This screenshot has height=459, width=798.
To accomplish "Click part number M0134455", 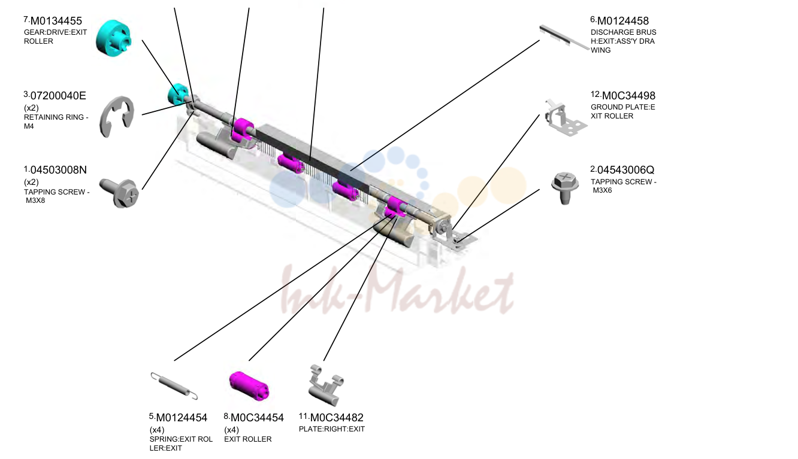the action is (x=56, y=21).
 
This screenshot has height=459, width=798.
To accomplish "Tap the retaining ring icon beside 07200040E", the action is (x=117, y=116).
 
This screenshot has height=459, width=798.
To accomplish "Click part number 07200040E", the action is (x=58, y=96).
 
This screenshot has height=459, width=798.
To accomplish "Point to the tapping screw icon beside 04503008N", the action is (x=119, y=193).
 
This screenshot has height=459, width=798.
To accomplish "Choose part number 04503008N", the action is (x=59, y=170).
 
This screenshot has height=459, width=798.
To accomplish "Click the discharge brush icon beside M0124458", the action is (x=564, y=38).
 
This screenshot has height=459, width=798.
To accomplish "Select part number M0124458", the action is (x=622, y=21).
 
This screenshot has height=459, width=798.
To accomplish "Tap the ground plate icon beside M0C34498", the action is (x=566, y=118).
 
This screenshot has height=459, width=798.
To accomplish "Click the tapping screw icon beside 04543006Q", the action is (x=565, y=189).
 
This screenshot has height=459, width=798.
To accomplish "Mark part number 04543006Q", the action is (x=625, y=170).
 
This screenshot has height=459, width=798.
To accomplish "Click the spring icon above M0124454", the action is (x=174, y=386).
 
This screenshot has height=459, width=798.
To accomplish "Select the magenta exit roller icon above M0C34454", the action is (x=249, y=386).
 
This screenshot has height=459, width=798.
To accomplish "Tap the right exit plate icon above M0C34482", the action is (x=326, y=385).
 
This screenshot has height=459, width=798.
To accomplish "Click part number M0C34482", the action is (x=337, y=418).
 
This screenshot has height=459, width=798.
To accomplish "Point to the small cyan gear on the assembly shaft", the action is (x=178, y=94).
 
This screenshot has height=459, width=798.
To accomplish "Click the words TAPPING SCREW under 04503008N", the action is (x=55, y=192).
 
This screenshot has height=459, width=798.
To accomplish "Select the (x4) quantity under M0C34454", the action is (x=231, y=430).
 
